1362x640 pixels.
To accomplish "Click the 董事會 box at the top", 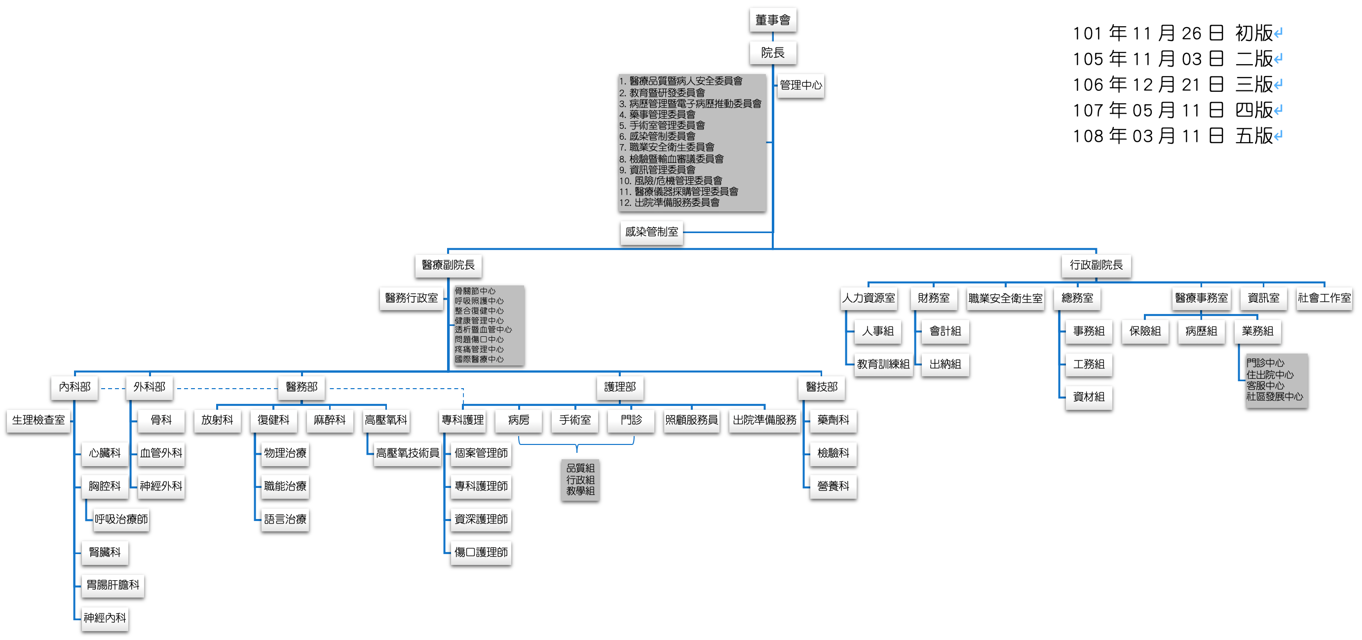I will coord(772,20).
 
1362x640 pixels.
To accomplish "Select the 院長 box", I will coord(772,53).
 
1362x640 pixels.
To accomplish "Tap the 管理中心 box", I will coord(800,85).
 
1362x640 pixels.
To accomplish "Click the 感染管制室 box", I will coord(651,232).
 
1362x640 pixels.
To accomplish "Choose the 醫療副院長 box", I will coord(448,265).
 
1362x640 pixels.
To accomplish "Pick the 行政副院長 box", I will coord(1096,265).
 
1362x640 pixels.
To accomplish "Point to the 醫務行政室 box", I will coord(412,298).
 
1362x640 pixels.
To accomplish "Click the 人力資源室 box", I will coord(868,298).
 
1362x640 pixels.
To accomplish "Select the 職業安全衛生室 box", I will coord(1005,298).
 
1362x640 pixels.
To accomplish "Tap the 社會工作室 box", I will coord(1324,298).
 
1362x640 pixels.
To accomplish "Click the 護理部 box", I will coord(620,387).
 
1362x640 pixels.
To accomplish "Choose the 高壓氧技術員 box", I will coord(407,453).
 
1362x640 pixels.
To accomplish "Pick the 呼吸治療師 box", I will coord(121,520).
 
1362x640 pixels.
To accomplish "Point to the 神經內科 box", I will coord(105,618).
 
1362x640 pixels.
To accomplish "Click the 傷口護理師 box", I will coord(481,552).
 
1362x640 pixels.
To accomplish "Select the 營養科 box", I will coord(833,486).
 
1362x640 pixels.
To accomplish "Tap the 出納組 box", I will coord(945,364).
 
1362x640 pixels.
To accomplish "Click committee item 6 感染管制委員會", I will coord(662,136).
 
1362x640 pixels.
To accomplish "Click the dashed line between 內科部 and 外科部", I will coord(112,388).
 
